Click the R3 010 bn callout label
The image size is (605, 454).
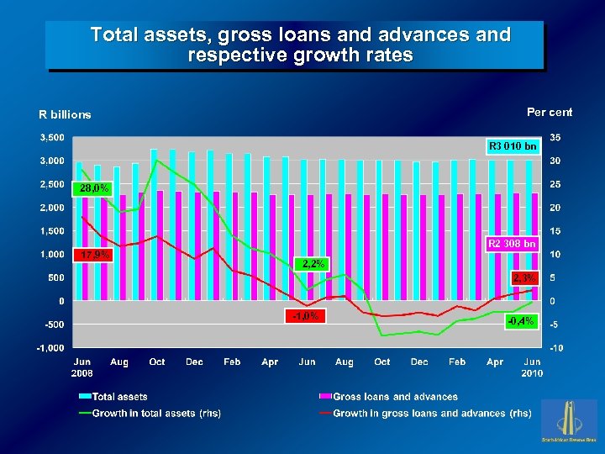click(x=513, y=146)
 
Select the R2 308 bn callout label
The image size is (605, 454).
click(x=513, y=244)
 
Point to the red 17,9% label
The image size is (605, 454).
click(x=92, y=255)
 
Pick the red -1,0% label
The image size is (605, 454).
click(x=305, y=316)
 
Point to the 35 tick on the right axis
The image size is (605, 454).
click(x=555, y=137)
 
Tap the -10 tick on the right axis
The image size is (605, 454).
click(x=555, y=348)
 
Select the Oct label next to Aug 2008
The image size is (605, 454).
click(x=157, y=362)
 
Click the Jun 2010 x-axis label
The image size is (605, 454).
click(x=532, y=367)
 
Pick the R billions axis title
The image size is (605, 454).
click(x=65, y=114)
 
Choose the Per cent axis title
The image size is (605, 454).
click(x=550, y=112)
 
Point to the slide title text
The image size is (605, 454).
click(x=300, y=45)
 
